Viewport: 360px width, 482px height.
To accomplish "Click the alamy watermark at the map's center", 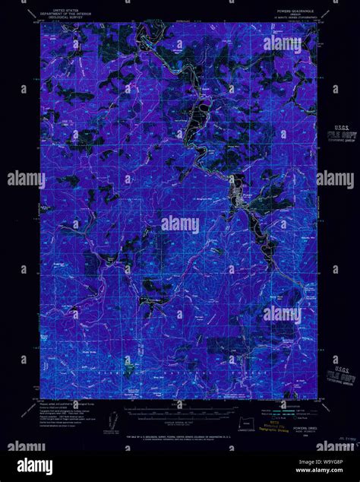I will (x=179, y=225).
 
